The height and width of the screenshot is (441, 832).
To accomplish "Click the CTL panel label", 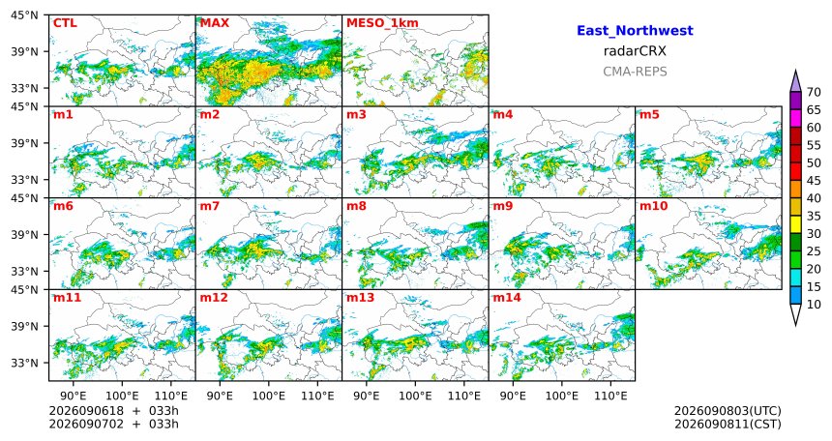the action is click(65, 23).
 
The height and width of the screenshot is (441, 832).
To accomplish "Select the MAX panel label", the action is click(215, 23).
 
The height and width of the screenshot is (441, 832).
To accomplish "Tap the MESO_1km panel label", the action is click(382, 23).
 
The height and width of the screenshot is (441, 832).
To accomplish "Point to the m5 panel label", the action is click(649, 114).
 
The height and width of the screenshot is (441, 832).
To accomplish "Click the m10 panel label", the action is click(653, 206).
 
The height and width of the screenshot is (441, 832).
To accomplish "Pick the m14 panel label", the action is click(507, 297).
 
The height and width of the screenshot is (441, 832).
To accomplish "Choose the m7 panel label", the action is click(210, 206).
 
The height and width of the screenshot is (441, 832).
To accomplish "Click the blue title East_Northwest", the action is click(635, 31).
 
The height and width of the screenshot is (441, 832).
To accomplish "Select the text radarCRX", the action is click(635, 51).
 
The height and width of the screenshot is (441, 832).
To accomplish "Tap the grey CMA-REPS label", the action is click(635, 72).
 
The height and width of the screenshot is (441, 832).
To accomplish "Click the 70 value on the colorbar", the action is click(814, 92).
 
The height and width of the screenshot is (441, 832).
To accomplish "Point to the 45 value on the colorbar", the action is click(814, 181).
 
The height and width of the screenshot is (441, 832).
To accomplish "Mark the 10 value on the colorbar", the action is click(814, 304).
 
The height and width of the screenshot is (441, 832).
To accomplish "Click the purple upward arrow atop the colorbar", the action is click(795, 81).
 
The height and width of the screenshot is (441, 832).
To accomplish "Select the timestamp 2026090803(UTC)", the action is click(728, 411).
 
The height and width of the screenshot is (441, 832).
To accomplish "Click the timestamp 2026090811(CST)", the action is click(728, 424).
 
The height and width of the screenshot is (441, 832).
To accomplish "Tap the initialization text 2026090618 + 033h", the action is click(113, 411).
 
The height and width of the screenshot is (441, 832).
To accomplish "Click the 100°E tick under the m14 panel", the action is click(561, 396).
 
